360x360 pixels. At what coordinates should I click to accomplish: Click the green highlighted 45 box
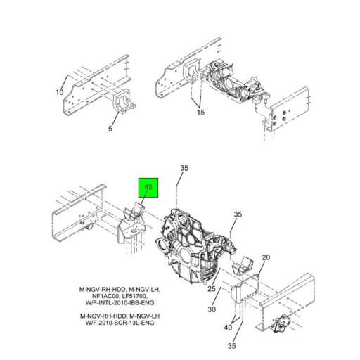point(148,188)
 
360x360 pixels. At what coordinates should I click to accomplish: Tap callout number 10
point(60,92)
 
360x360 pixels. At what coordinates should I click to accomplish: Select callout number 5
point(110,129)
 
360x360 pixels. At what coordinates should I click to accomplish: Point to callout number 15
point(200,113)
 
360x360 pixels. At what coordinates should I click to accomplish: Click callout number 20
point(266,258)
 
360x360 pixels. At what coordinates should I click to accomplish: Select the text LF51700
point(134,295)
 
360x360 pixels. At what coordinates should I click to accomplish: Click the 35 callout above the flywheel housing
point(185,168)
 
